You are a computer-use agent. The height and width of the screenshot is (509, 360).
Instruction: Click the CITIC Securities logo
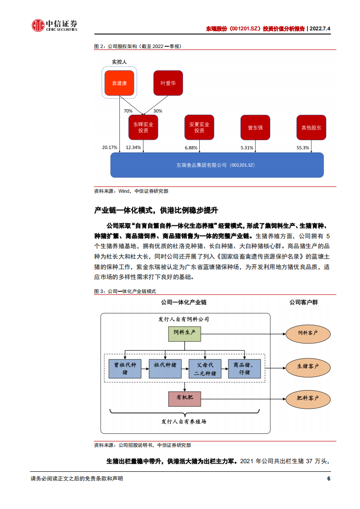point(54,26)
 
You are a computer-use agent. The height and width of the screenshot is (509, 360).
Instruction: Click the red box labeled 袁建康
point(119,83)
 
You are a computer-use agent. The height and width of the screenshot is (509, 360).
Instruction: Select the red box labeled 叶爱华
point(168,83)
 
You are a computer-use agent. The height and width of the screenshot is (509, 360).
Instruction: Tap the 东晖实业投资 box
point(143,127)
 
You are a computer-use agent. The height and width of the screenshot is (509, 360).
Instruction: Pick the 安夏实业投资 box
point(199,127)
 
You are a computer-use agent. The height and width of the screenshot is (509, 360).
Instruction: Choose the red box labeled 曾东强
point(255,127)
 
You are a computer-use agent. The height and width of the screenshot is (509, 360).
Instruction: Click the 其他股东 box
point(311,127)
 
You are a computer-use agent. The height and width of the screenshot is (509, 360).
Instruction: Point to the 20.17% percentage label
point(109,147)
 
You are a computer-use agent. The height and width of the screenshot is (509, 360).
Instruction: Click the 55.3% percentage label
point(302,147)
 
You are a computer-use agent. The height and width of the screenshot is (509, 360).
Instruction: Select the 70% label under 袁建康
point(128,111)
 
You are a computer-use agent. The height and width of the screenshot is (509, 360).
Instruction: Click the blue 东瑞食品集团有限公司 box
point(217,165)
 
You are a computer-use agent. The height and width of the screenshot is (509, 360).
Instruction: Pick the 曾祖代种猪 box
point(125,368)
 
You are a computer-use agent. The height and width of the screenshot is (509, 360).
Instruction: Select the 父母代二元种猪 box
point(205,368)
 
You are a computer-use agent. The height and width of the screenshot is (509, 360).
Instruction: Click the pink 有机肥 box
point(184,398)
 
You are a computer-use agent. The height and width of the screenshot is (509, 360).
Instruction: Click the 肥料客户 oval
point(308,398)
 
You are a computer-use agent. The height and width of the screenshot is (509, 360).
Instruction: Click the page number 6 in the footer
point(328,479)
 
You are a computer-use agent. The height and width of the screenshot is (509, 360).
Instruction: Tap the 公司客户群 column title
point(303,302)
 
